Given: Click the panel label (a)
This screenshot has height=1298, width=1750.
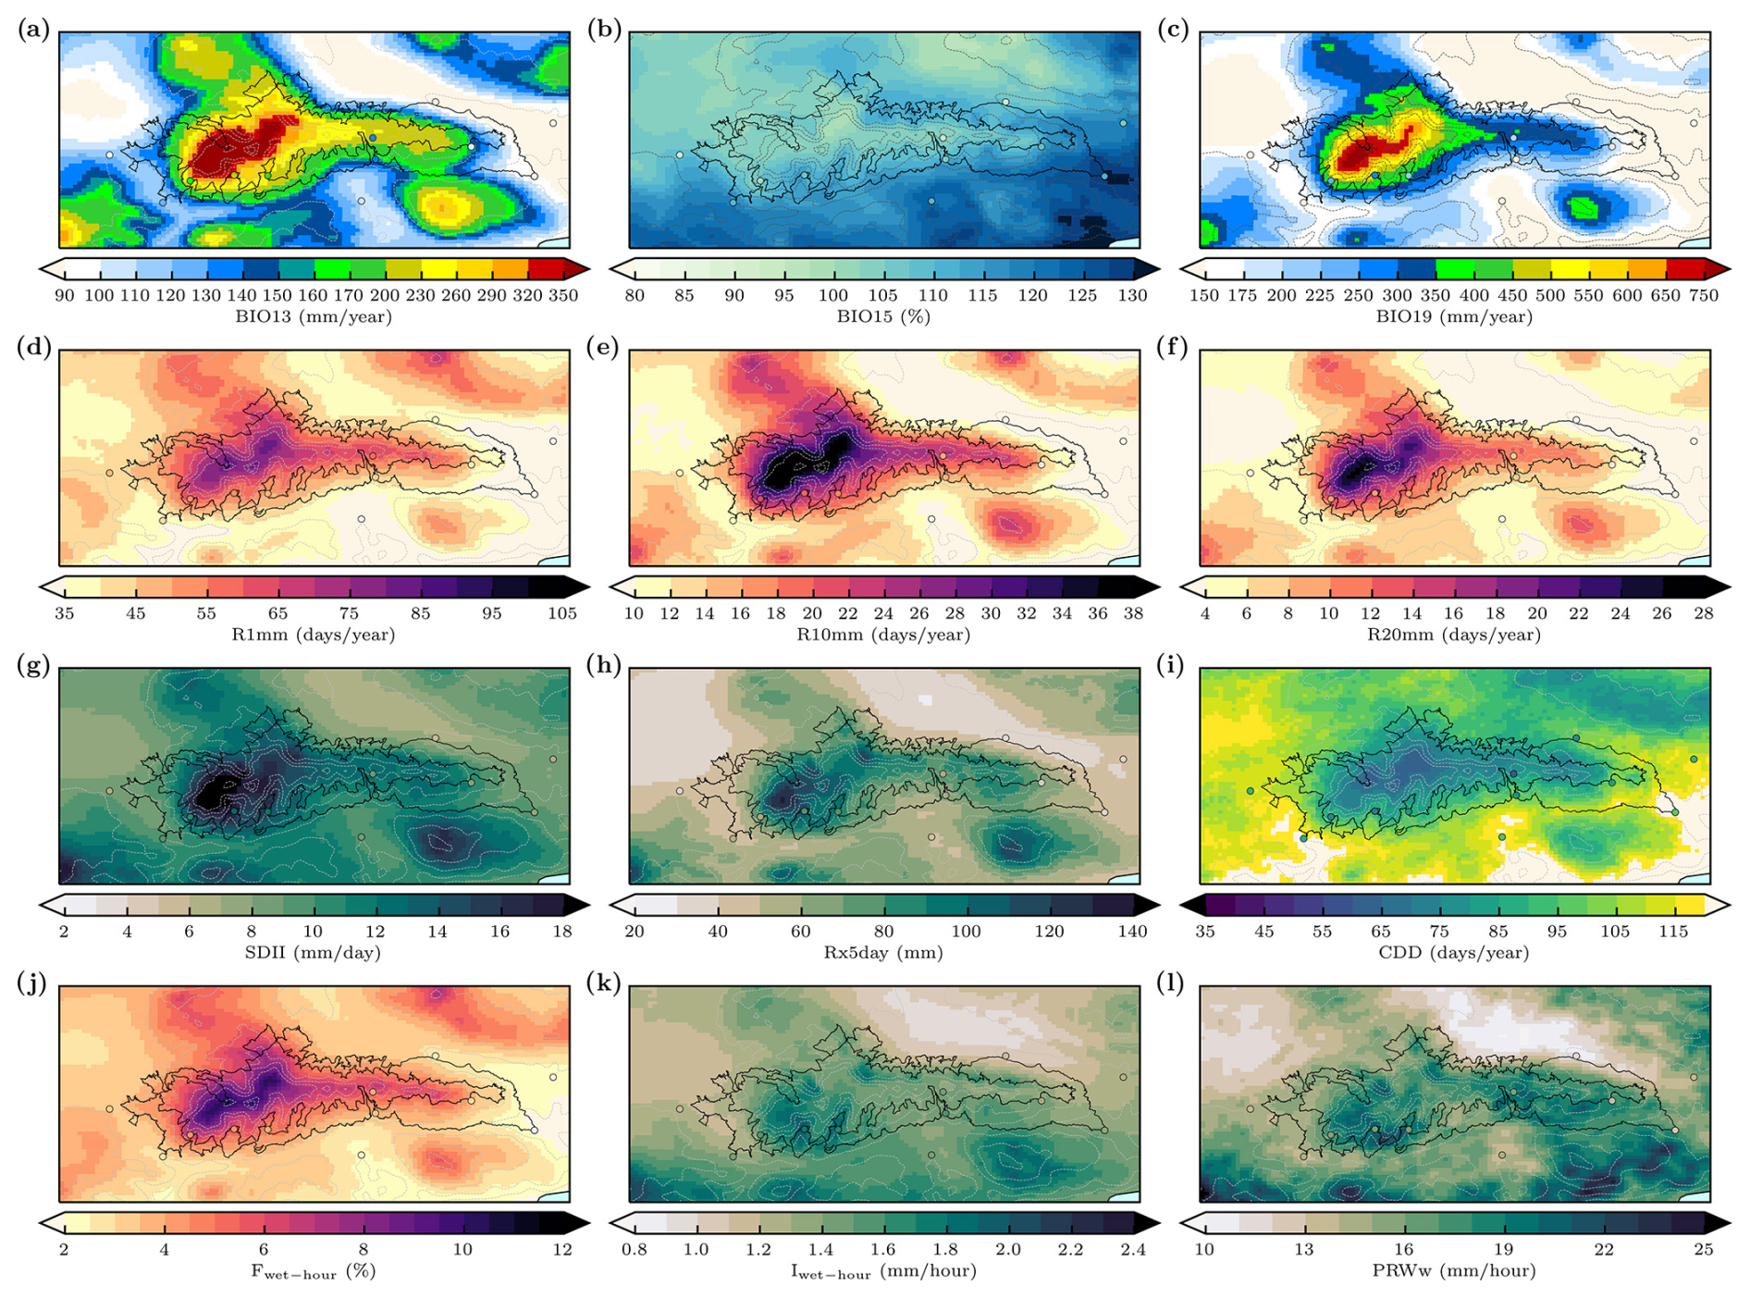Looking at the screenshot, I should tap(33, 30).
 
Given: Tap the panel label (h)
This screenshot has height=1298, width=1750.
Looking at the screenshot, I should tap(603, 666).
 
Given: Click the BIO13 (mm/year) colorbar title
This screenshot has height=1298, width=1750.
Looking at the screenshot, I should tap(314, 316).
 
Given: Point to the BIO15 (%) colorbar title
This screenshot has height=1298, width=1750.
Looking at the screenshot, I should tap(883, 316).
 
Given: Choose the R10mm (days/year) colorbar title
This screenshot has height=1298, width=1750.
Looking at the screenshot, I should tap(883, 635).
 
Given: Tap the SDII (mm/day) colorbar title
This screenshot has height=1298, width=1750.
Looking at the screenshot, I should tap(313, 952).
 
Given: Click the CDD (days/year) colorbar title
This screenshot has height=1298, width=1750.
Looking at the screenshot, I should tap(1453, 952).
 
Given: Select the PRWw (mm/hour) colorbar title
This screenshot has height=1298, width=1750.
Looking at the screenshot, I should tap(1453, 1270).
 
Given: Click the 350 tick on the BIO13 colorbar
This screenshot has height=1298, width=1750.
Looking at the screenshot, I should tap(562, 296).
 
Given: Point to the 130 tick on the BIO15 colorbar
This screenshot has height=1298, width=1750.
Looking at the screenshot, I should tap(1132, 296).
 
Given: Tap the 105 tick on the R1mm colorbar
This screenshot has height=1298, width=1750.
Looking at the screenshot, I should tap(562, 613).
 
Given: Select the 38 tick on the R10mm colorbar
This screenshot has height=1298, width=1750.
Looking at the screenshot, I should tap(1133, 613).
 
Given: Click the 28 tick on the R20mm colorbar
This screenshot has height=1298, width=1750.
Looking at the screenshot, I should tap(1703, 613).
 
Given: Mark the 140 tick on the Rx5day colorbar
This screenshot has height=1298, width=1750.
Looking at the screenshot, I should tap(1132, 932).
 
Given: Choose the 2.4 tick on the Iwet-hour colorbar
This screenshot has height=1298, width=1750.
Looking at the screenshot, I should tap(1132, 1250).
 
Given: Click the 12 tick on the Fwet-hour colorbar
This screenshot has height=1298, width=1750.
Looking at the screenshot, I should tap(562, 1250).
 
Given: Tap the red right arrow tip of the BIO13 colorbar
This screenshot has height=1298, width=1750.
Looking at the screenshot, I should tap(579, 269).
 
